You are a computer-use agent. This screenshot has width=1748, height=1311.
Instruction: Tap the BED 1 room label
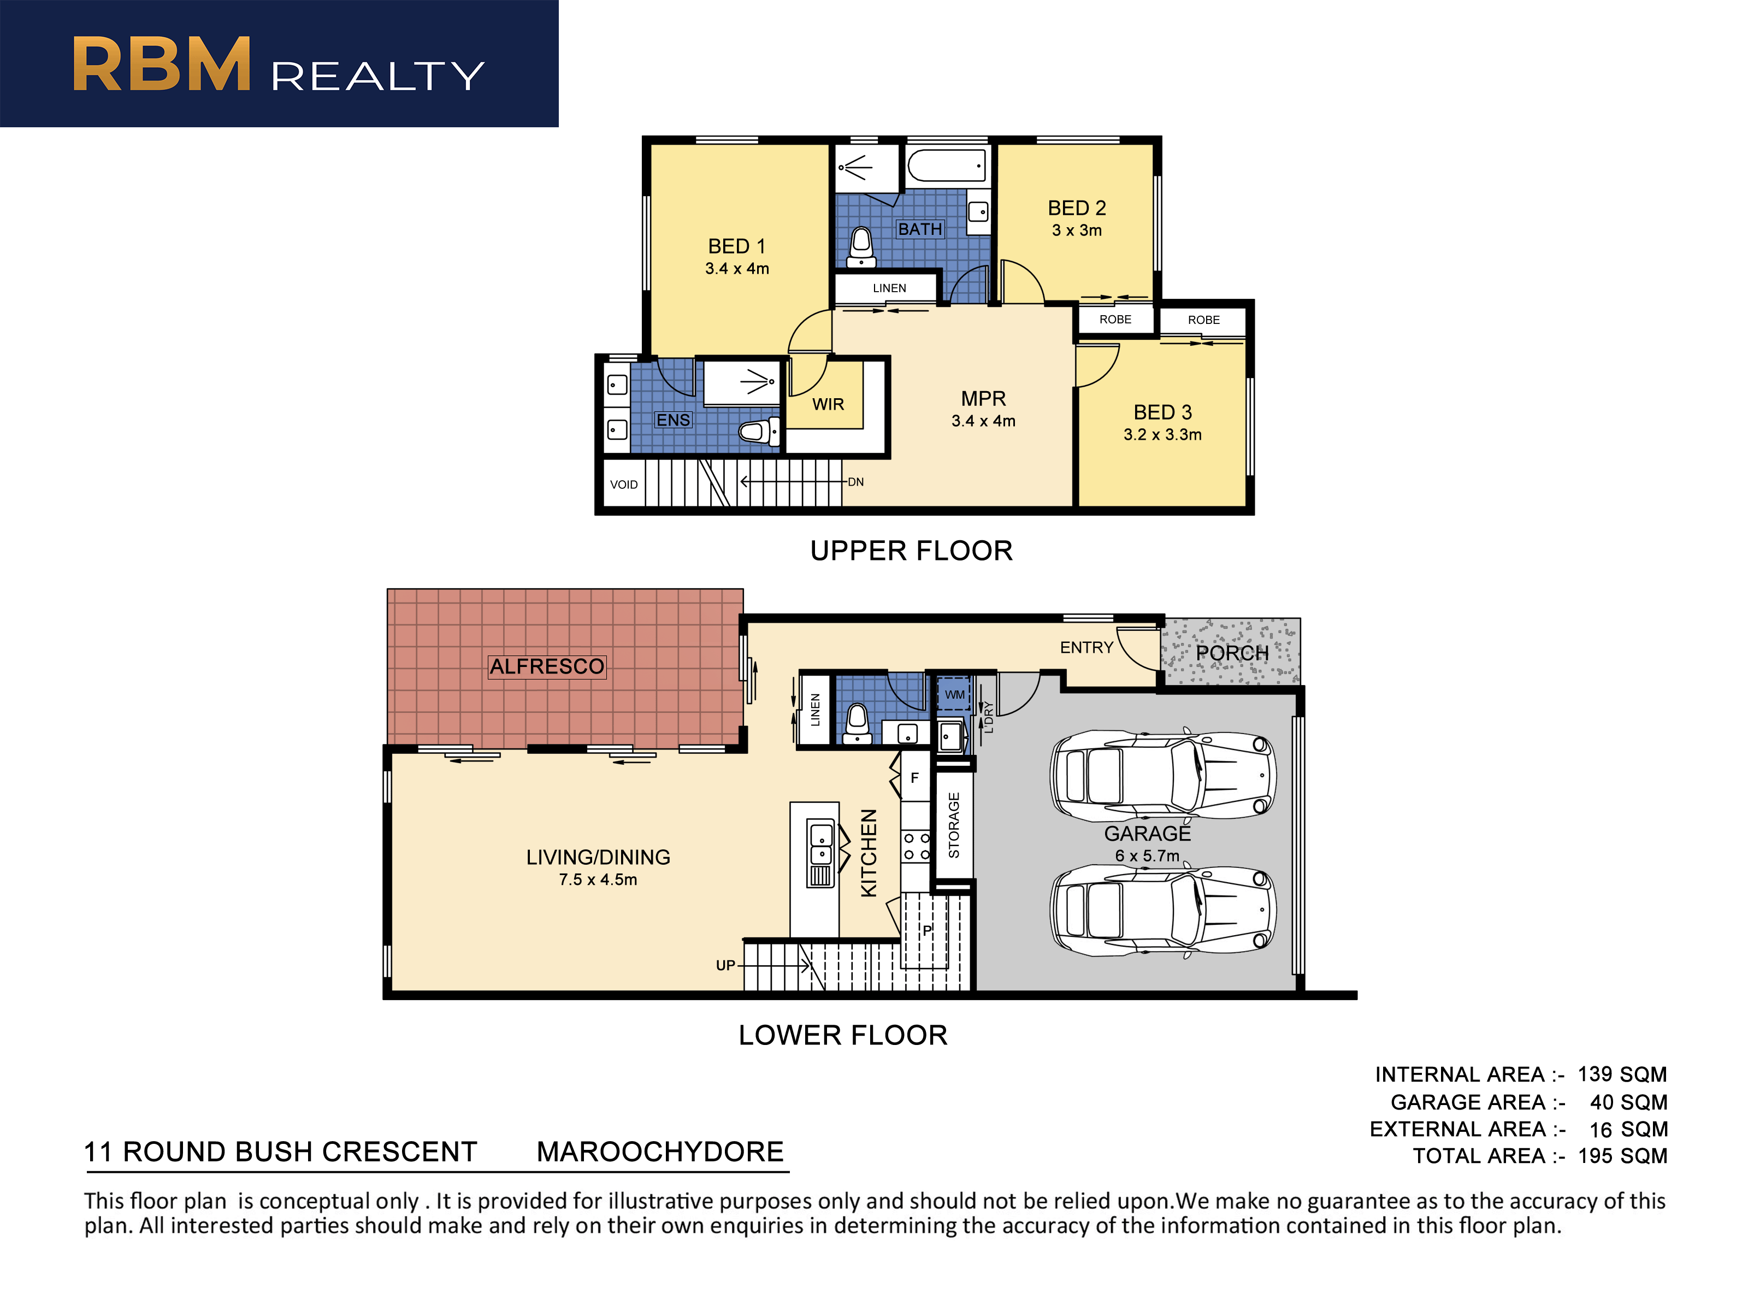pos(736,246)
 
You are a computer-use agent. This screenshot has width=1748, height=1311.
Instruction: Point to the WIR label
pos(828,405)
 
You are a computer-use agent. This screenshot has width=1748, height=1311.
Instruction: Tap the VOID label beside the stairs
pos(623,485)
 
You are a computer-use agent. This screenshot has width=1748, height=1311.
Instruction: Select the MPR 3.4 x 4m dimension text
pos(983,421)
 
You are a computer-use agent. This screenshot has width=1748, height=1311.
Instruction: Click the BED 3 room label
pos(1162,412)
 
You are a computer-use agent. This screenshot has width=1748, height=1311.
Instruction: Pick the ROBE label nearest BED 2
pos(1115,319)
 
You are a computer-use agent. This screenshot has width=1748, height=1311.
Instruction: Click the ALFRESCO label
pos(547,666)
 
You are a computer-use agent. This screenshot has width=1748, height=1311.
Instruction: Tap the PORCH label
pos(1232,653)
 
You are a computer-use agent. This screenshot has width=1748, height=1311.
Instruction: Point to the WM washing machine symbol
pos(954,694)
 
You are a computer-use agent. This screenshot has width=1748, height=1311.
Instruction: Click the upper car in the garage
pos(1162,773)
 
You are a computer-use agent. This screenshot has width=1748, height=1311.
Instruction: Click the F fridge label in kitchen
pos(915,778)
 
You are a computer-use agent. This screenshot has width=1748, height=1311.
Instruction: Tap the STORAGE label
pos(954,825)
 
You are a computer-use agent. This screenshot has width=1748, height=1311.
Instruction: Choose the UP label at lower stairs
pos(725,965)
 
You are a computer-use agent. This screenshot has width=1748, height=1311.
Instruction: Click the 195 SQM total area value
pos(1622,1155)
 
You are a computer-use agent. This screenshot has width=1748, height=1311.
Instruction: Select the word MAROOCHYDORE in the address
pos(660,1151)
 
